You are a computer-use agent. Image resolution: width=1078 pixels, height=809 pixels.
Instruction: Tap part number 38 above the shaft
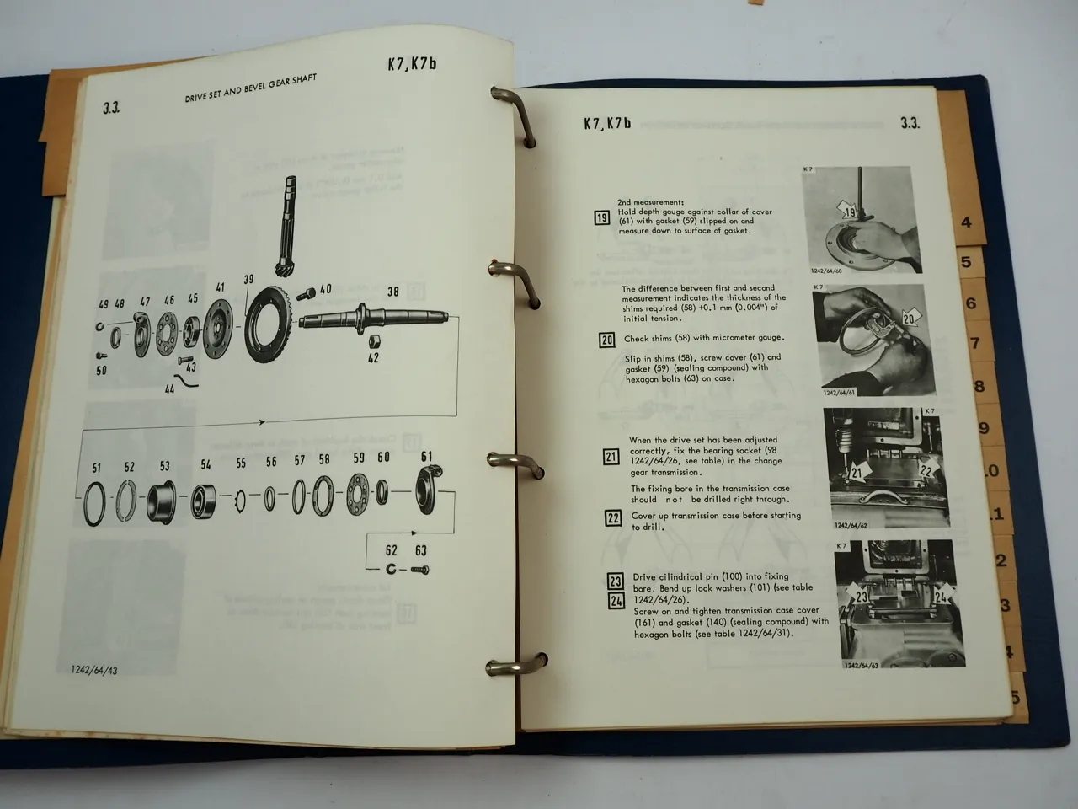pos(392,292)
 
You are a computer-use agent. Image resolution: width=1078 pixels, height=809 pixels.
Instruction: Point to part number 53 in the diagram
pos(164,466)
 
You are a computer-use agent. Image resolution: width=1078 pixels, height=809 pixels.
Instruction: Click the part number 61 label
pos(426,457)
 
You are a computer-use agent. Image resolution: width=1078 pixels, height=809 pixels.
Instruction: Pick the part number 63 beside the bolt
pos(420,551)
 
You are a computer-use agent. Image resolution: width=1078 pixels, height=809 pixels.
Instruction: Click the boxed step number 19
pos(601,218)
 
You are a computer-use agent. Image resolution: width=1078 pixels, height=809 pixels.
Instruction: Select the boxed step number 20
pos(606,340)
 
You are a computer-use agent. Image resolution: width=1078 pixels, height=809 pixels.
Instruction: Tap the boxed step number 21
pos(611,457)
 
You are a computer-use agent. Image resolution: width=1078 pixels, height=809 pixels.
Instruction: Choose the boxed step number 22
pos(614,518)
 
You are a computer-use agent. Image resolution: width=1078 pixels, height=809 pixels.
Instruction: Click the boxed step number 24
pos(616,600)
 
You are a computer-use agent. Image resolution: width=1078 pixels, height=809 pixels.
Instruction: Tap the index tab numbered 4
pos(966,223)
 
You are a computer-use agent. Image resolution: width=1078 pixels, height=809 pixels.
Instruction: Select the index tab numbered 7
pos(975,344)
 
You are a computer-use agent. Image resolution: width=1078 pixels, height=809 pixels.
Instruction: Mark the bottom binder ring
pos(502,667)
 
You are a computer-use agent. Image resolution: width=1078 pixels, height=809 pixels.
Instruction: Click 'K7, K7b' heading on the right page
pos(607,123)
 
